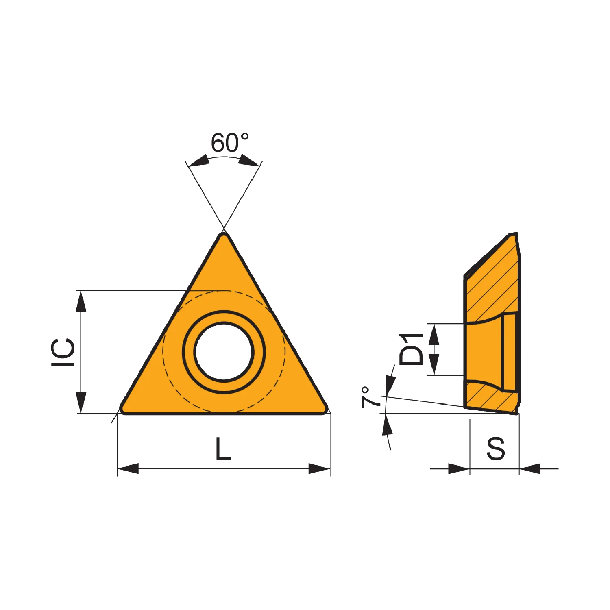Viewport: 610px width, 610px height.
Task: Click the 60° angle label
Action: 229,143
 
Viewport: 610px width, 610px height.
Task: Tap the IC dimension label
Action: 63,352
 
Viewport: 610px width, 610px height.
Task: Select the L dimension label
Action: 223,449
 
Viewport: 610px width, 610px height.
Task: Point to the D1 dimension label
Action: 412,349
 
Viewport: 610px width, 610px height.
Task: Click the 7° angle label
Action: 370,397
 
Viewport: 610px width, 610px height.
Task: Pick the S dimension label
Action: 496,449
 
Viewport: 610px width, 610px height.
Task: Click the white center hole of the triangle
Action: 224,352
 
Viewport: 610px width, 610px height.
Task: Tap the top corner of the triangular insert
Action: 224,234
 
